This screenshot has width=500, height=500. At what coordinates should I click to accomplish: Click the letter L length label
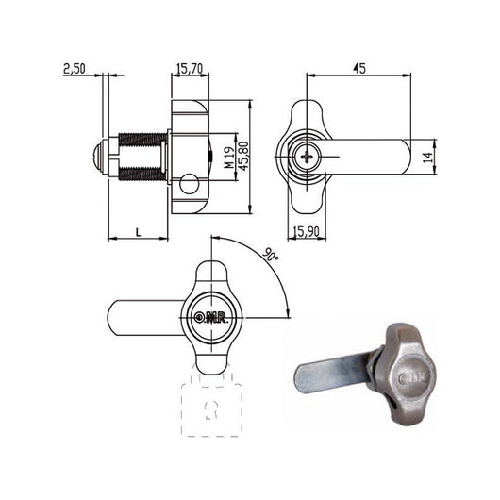pos(139,229)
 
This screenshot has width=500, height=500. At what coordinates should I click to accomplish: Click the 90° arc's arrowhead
pos(285,315)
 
